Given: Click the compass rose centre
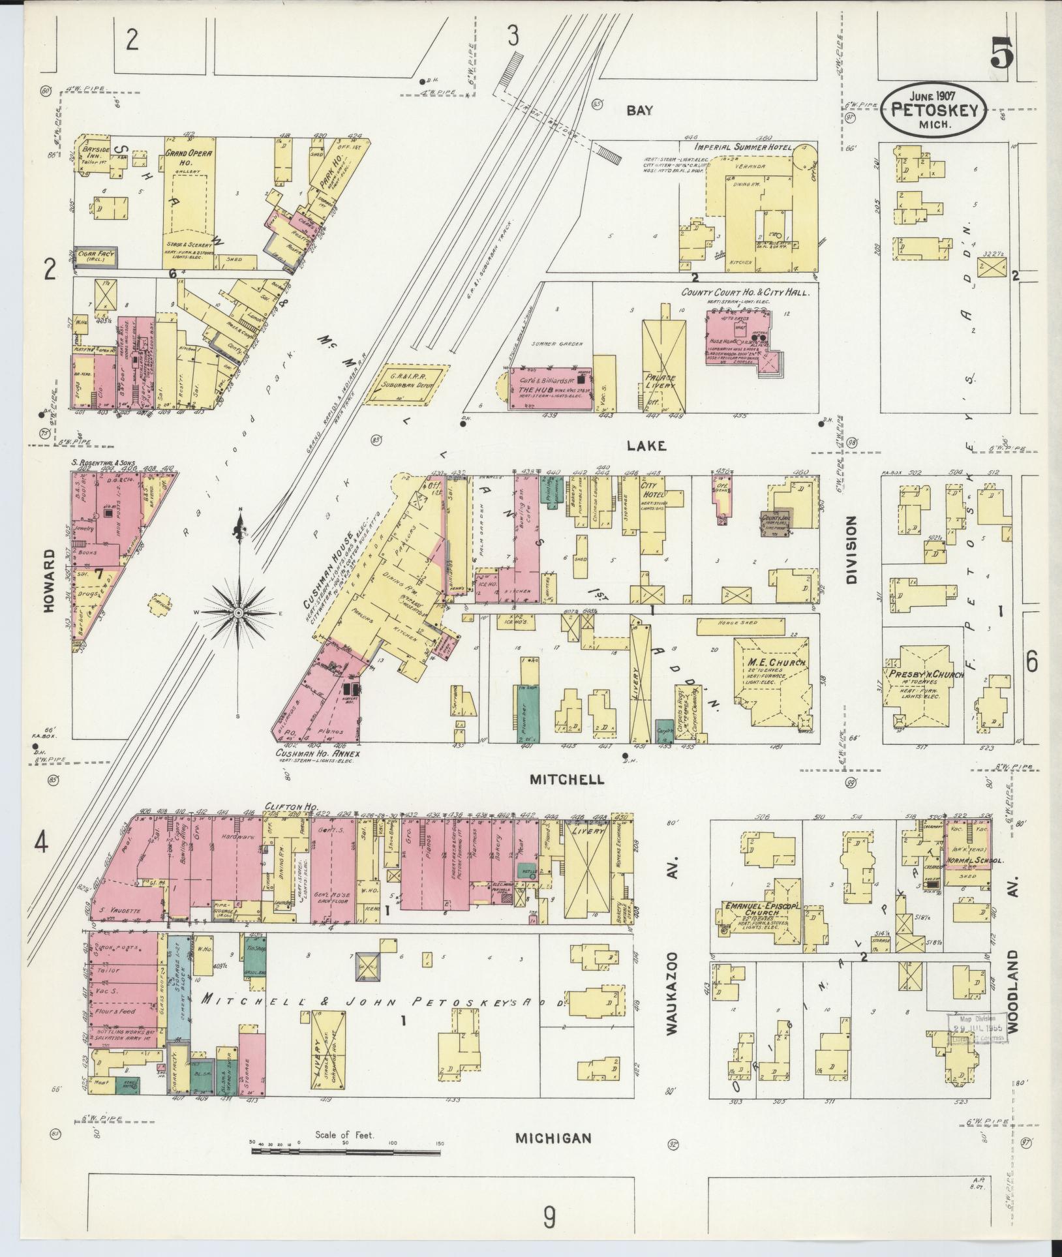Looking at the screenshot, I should pyautogui.click(x=239, y=613).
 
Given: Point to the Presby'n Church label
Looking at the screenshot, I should pyautogui.click(x=924, y=674).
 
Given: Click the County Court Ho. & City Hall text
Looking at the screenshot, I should pyautogui.click(x=746, y=293).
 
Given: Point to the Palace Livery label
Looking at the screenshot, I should pyautogui.click(x=661, y=382).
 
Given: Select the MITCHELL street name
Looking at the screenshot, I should pyautogui.click(x=566, y=780).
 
